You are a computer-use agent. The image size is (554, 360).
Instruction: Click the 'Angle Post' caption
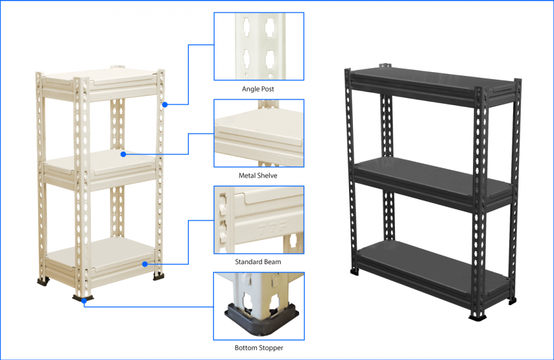coord(258,89)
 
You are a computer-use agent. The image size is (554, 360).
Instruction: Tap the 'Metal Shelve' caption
coord(258,176)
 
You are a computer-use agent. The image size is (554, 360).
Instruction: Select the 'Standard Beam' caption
coord(258,262)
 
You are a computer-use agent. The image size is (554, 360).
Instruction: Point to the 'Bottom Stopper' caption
coord(259,348)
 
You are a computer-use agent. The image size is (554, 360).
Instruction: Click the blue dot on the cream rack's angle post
coord(165,105)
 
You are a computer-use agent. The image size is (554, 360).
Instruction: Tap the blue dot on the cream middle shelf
coord(124,155)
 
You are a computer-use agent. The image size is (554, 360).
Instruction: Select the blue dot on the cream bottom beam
coord(145,264)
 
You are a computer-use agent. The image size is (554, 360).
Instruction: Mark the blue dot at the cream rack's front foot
coord(84,301)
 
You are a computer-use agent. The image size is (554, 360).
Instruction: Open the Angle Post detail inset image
coord(259,47)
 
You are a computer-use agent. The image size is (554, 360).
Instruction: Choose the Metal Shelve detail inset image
coord(259,133)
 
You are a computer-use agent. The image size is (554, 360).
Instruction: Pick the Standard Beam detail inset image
coord(259,220)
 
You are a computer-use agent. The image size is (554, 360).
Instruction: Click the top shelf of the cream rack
coord(100,81)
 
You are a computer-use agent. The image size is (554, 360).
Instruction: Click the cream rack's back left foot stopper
coord(43,281)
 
